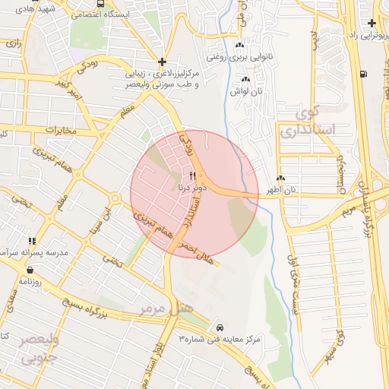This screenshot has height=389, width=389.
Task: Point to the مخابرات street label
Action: pos(61,130)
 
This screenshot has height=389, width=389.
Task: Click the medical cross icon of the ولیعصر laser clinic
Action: pos(162,62)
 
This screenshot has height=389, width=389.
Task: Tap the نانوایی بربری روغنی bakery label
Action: pos(248,56)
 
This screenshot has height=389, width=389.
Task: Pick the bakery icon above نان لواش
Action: pos(245,79)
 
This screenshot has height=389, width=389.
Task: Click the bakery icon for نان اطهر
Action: pos(281,178)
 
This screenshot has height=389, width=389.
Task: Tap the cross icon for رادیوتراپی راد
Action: pos(371,24)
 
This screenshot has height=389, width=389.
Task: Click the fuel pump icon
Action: pos(366,74)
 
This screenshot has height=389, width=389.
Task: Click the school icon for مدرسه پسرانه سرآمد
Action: pos(31,241)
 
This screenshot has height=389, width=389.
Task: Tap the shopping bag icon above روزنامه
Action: pos(30,270)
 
